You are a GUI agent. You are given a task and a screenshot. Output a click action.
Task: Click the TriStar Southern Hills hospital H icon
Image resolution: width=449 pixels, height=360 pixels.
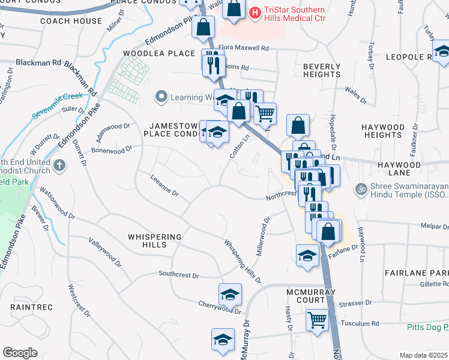click(x=255, y=11)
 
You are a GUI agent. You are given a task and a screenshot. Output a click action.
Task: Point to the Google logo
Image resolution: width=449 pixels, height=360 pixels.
click(x=20, y=352)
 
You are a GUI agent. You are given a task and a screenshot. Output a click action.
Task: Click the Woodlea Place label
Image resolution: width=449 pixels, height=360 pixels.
click(x=151, y=53)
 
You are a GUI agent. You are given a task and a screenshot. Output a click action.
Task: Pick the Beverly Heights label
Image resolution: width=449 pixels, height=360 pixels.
click(x=322, y=70)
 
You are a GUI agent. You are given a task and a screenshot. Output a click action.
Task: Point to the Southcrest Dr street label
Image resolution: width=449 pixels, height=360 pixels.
click(x=178, y=274)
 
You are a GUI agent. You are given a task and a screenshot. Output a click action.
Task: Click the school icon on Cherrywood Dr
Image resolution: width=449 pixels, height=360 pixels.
click(x=229, y=294)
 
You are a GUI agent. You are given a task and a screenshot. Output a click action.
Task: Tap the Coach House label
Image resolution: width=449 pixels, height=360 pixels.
click(x=71, y=21)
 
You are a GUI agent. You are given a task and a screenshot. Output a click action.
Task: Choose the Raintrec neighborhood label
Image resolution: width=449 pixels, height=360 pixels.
click(x=32, y=307)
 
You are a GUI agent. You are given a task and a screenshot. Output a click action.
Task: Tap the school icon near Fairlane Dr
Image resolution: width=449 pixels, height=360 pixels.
click(x=307, y=254)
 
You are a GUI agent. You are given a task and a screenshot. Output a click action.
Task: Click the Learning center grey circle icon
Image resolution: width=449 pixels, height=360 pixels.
click(x=160, y=97)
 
